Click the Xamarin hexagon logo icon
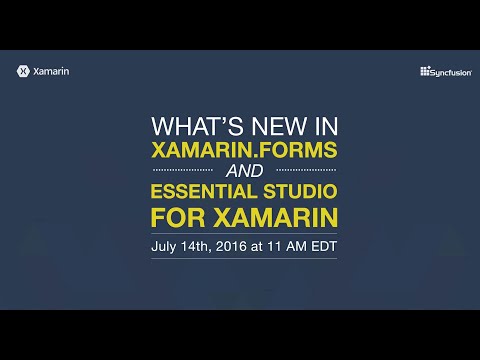22,71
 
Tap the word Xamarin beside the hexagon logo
51,71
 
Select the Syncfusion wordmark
445,71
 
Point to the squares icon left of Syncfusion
424,71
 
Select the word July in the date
166,245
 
